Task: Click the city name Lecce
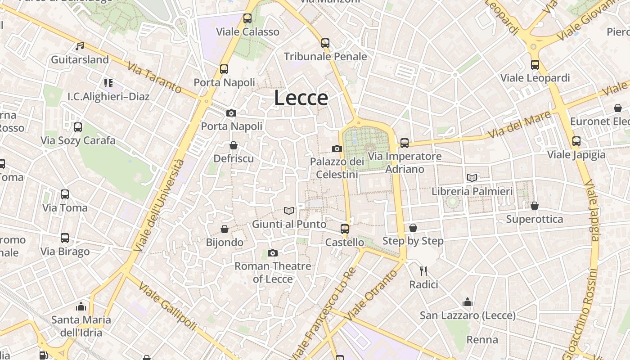click(301, 98)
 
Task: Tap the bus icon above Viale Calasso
click(247, 18)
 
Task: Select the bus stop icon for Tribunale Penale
click(325, 43)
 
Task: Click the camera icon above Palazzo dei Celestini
click(337, 148)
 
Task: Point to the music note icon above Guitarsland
click(80, 46)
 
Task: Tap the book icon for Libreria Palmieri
click(472, 178)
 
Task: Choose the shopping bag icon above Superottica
click(535, 206)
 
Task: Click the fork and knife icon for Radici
click(423, 271)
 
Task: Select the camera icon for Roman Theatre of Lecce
click(272, 253)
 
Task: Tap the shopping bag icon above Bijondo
click(224, 229)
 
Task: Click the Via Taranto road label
click(154, 78)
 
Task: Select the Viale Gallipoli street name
click(167, 306)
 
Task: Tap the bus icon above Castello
click(345, 229)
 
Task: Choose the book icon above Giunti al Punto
click(289, 211)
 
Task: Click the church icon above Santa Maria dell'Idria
click(81, 306)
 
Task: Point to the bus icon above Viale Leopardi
click(535, 64)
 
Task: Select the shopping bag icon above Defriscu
click(233, 145)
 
